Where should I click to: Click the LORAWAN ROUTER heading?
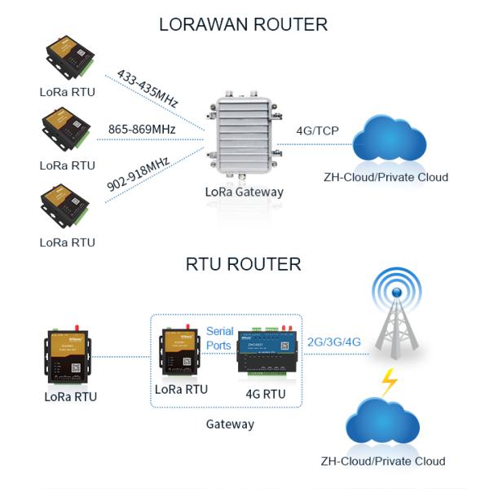tap(243, 24)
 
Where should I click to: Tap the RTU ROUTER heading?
tap(243, 264)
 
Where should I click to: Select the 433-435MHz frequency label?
tap(148, 88)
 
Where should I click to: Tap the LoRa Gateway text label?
tap(244, 192)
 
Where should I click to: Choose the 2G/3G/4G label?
tap(333, 342)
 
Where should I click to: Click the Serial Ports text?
tap(219, 338)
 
